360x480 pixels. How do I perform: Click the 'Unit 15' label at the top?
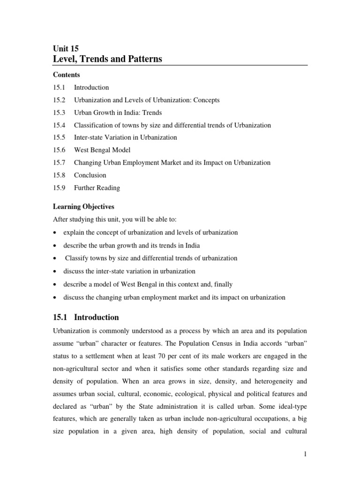(x=67, y=48)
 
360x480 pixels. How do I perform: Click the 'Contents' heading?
(x=66, y=75)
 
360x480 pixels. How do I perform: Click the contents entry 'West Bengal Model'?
(x=102, y=150)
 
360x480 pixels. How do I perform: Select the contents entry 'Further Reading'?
(x=97, y=188)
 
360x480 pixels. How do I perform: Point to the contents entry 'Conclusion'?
(x=90, y=175)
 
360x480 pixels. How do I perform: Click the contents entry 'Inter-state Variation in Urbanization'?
(x=125, y=137)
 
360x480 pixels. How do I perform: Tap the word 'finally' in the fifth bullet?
(x=222, y=284)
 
